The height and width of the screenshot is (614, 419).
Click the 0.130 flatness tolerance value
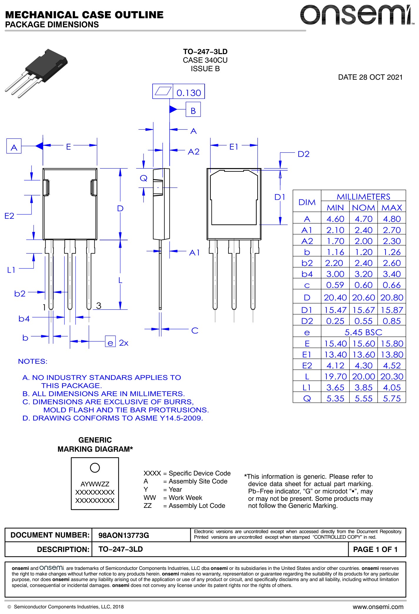pyautogui.click(x=189, y=93)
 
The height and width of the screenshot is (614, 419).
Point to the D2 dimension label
pyautogui.click(x=303, y=154)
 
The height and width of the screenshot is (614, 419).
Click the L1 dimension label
pyautogui.click(x=11, y=270)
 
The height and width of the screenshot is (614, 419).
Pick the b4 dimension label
pyautogui.click(x=24, y=318)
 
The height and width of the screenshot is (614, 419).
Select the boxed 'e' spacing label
pyautogui.click(x=110, y=343)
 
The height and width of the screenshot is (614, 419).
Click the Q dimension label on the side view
pyautogui.click(x=143, y=178)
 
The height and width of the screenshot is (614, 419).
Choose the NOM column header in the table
pyautogui.click(x=363, y=208)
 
